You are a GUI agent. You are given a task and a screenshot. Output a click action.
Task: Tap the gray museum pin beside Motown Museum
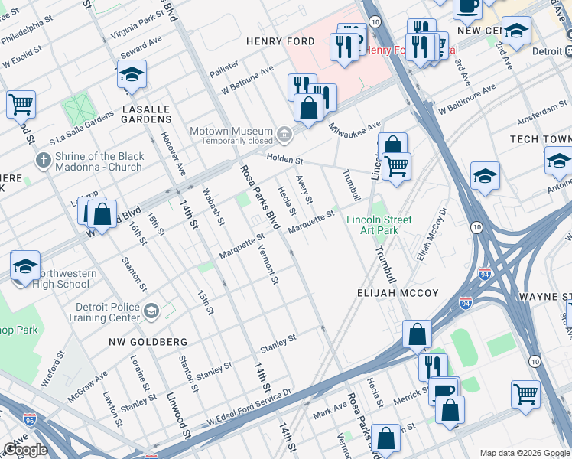coord(284,135)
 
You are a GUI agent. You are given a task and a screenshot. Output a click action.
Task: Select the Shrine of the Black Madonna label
coord(98,161)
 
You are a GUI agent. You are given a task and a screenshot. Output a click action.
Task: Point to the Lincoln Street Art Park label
coord(379,225)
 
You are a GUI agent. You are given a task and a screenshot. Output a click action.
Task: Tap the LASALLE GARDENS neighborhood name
coord(147,115)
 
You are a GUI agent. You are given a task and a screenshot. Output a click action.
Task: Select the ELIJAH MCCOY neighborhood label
coord(398,293)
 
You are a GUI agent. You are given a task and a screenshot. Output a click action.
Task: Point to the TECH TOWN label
coord(541,139)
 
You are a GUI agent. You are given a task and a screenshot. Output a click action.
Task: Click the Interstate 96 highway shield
coord(30,420)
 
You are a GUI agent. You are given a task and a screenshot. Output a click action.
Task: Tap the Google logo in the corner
coord(26,450)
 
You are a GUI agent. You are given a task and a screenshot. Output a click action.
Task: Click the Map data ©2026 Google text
coord(525,453)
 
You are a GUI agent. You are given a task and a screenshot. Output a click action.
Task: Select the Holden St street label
coord(284,161)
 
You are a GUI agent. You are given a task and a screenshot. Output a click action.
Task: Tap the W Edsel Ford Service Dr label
coord(249,407)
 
